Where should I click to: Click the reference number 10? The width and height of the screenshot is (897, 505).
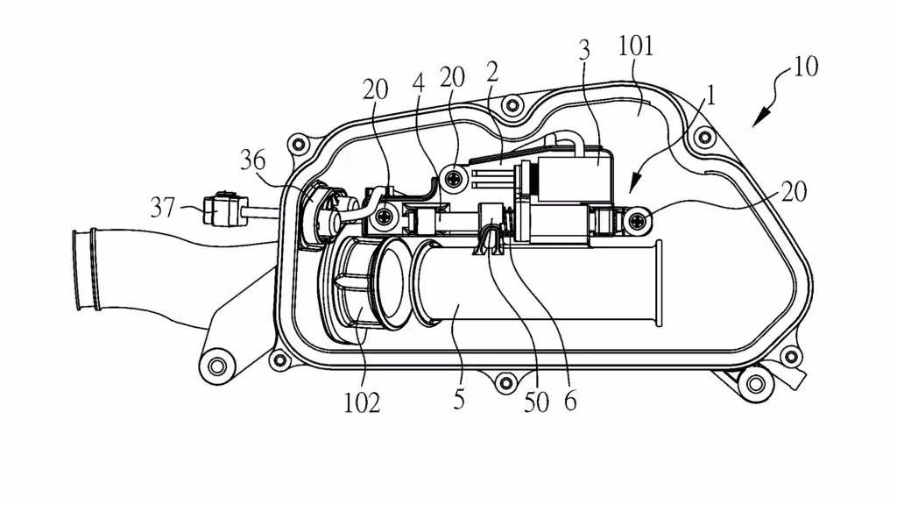pyautogui.click(x=806, y=68)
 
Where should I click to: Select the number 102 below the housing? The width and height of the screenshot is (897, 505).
pyautogui.click(x=362, y=402)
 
